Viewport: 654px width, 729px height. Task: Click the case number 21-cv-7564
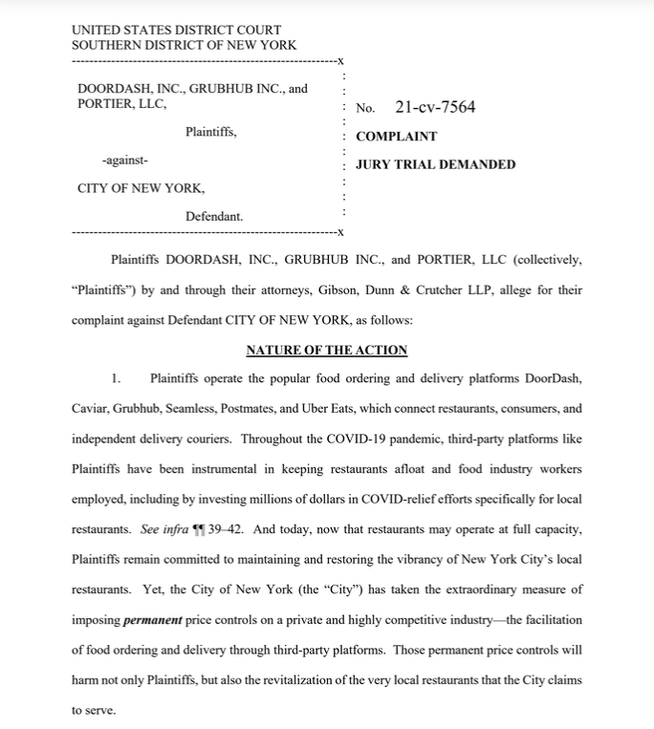(x=435, y=107)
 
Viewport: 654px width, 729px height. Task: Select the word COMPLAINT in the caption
(x=396, y=137)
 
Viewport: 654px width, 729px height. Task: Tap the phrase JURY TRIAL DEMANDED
(x=435, y=164)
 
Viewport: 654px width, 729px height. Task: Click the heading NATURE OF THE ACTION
(x=326, y=351)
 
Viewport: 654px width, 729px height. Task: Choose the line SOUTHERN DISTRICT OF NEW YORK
(x=184, y=45)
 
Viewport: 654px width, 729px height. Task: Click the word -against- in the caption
(x=124, y=161)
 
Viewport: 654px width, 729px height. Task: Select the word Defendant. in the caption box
(x=214, y=216)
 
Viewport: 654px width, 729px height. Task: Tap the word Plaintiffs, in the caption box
(x=211, y=132)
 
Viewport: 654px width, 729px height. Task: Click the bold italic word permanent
(x=153, y=620)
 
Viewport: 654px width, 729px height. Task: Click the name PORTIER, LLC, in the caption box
(x=121, y=103)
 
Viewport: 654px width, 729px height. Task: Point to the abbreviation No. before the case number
(x=365, y=108)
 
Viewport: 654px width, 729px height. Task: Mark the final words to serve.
(x=93, y=711)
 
